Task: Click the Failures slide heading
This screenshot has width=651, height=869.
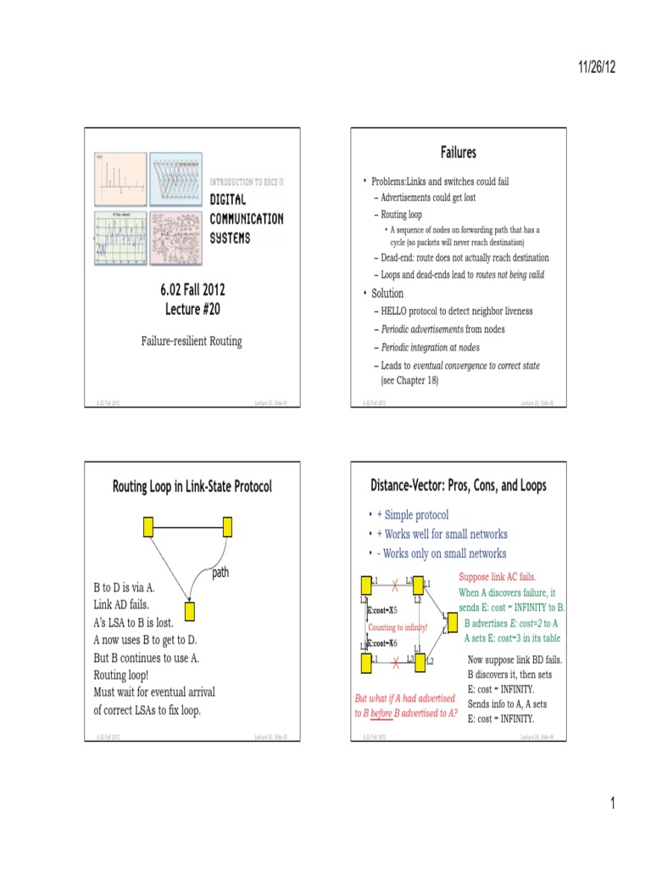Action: coord(458,153)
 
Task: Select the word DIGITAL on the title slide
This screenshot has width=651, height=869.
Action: coord(228,199)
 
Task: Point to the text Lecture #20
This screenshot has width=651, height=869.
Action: coord(192,308)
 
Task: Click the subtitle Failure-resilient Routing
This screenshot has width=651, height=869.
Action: coord(191,341)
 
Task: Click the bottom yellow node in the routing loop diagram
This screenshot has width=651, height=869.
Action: coord(190,610)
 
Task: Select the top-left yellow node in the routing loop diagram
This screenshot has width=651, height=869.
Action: coord(148,528)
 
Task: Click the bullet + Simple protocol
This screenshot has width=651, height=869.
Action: coord(413,515)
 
